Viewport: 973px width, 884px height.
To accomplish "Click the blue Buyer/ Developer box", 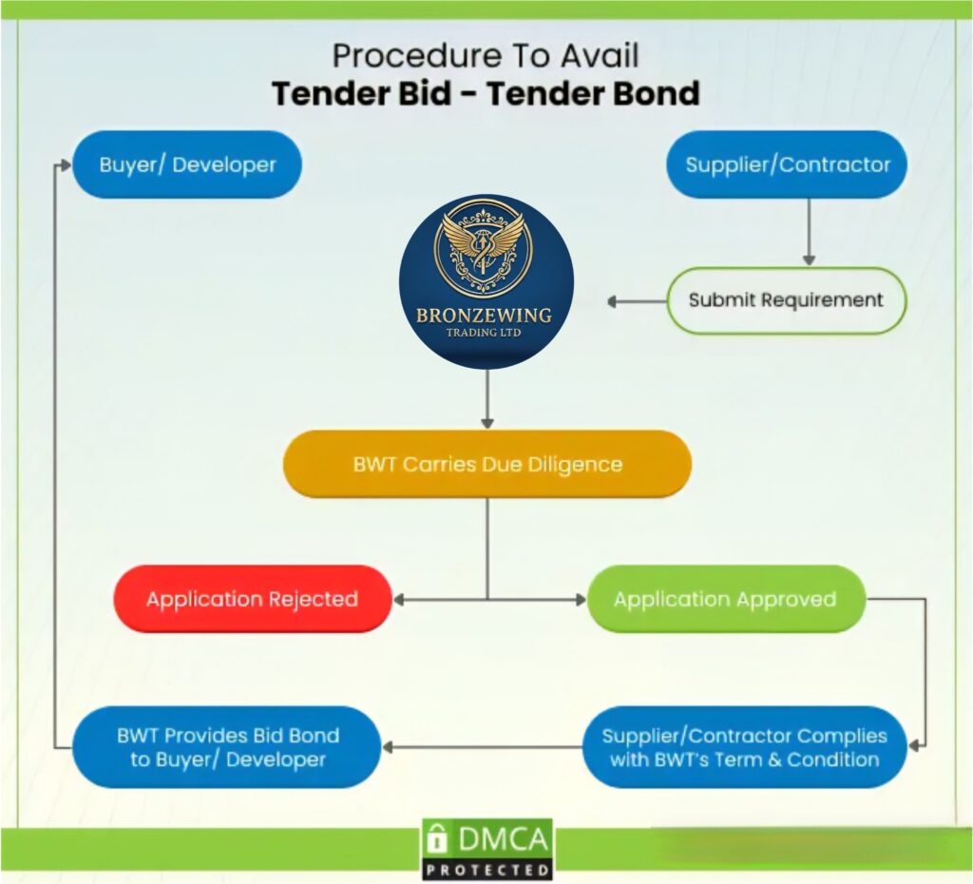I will pos(187,164).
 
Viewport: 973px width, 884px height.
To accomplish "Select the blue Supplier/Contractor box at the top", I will pos(788,164).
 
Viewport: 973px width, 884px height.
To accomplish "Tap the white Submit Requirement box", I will pos(786,300).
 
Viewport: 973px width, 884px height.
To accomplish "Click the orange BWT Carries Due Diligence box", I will pos(486,465).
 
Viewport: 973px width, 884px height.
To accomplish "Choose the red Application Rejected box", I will pos(252,599).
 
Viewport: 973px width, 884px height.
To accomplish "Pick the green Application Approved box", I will pos(725,599).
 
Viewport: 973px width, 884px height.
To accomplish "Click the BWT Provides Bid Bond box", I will pos(227,747).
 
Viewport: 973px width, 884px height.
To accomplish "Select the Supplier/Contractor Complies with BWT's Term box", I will pos(744,747).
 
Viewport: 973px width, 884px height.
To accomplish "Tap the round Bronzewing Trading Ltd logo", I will pos(486,281).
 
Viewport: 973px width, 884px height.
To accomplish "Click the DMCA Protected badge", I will pos(487,849).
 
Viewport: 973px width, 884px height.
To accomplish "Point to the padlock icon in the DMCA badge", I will pos(437,838).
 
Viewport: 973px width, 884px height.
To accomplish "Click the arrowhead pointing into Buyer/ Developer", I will pos(65,164).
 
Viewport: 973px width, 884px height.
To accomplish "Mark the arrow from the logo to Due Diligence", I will pos(487,399).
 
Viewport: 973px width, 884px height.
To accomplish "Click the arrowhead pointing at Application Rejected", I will pos(400,599).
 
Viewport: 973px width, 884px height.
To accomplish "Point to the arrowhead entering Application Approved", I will pos(578,599).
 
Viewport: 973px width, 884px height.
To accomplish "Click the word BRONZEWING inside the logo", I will pos(484,316).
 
